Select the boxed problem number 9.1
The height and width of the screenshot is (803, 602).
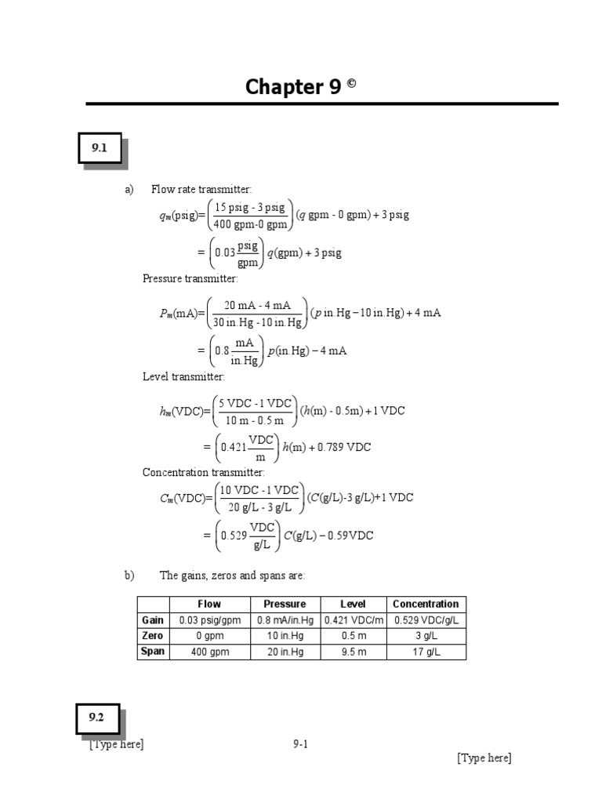click(x=100, y=147)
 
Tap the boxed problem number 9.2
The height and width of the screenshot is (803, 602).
click(x=96, y=718)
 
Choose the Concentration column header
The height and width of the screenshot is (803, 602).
click(x=426, y=604)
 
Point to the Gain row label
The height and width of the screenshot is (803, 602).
click(x=152, y=620)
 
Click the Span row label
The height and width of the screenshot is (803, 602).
click(x=152, y=651)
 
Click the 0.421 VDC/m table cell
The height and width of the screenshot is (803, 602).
click(x=354, y=620)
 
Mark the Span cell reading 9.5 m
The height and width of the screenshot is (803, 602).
click(x=354, y=652)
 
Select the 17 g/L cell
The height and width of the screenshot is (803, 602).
click(x=426, y=652)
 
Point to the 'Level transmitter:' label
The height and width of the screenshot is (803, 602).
click(x=183, y=377)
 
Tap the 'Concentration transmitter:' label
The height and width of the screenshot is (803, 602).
click(x=203, y=472)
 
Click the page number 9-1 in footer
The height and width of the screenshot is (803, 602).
click(x=300, y=744)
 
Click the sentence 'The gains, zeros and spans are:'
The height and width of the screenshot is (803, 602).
click(x=232, y=576)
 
